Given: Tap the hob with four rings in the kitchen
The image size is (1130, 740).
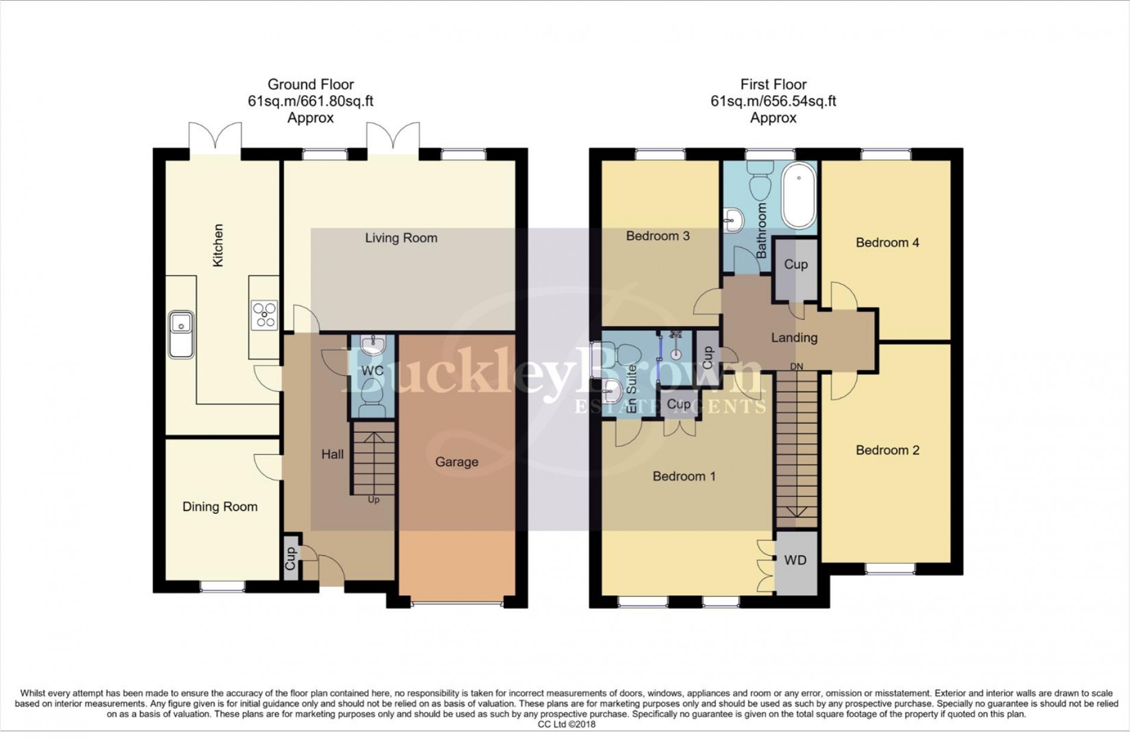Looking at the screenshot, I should [264, 315].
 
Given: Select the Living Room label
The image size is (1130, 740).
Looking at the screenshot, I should [401, 238].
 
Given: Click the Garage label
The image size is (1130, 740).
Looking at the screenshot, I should [456, 462].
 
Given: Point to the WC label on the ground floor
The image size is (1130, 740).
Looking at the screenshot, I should [372, 371].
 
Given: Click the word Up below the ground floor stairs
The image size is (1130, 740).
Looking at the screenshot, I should [373, 500].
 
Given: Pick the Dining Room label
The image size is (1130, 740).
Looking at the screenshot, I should [219, 507].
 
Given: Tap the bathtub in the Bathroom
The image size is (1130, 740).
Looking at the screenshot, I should [798, 196].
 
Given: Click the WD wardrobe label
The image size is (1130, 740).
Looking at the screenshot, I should [795, 560].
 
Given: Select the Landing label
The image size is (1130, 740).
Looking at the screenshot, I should [794, 338].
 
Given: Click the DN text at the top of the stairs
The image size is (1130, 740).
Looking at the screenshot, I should [796, 366].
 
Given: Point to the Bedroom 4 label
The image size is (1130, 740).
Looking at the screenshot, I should [887, 243].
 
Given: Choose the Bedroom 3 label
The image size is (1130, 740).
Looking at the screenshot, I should [657, 236].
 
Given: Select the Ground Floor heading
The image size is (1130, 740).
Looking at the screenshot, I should [310, 84].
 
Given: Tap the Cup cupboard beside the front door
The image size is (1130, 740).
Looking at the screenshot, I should [290, 559].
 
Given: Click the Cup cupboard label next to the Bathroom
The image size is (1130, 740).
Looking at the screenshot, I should [795, 265].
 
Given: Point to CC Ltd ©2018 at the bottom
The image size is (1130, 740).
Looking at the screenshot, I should [566, 725].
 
